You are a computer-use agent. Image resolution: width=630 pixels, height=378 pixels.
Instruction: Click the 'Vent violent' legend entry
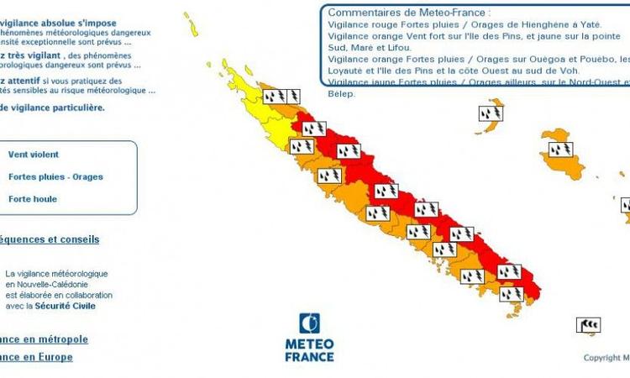pos(34,155)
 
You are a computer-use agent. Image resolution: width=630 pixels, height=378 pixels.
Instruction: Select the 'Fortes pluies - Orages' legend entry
pos(55,177)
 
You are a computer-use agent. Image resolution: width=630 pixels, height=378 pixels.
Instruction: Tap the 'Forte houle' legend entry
pos(33,199)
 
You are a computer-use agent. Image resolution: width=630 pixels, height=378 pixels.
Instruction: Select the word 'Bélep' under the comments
pos(342,94)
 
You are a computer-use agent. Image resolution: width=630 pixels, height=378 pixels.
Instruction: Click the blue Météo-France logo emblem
pos(309,323)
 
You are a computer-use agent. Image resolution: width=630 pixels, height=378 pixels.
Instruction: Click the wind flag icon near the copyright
pos(588,324)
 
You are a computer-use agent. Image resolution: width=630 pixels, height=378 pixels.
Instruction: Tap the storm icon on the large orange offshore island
pos(560,150)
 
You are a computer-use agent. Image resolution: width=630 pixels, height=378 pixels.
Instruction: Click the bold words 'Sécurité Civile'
pos(66,306)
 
